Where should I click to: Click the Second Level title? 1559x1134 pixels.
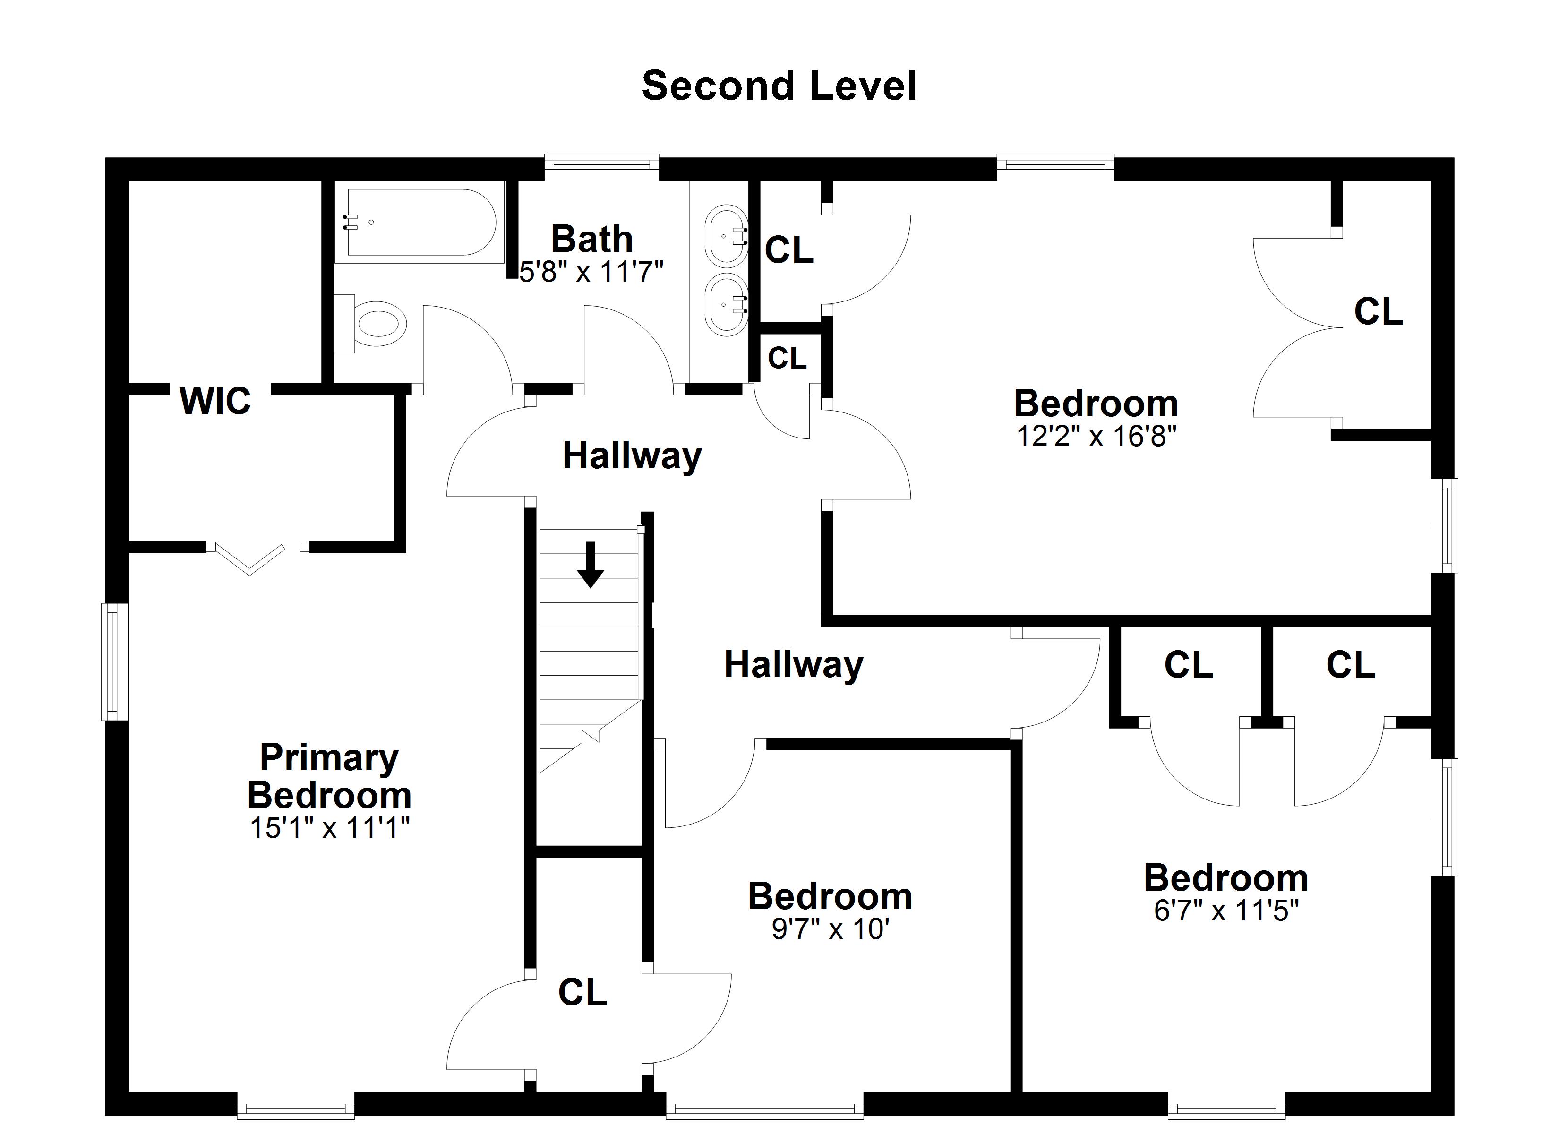[x=779, y=86]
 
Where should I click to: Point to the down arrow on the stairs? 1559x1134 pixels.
[x=590, y=565]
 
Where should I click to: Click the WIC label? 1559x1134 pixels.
[x=215, y=401]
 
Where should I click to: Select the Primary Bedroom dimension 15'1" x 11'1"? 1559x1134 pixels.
[x=329, y=828]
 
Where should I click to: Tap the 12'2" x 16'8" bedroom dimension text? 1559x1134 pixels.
[x=1096, y=436]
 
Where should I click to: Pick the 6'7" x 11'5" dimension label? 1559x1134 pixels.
[x=1226, y=911]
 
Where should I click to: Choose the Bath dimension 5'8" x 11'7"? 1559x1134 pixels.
[x=591, y=272]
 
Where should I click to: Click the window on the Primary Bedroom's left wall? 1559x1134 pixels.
[x=115, y=661]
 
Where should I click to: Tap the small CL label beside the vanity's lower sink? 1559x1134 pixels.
[x=787, y=358]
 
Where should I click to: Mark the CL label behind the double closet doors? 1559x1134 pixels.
[x=1378, y=311]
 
